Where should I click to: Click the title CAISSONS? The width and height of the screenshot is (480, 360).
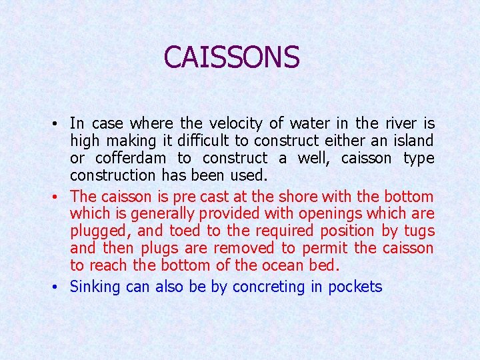coord(231,57)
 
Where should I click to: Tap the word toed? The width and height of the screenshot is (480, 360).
coord(185,231)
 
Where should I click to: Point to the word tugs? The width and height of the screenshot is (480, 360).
coord(419,231)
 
